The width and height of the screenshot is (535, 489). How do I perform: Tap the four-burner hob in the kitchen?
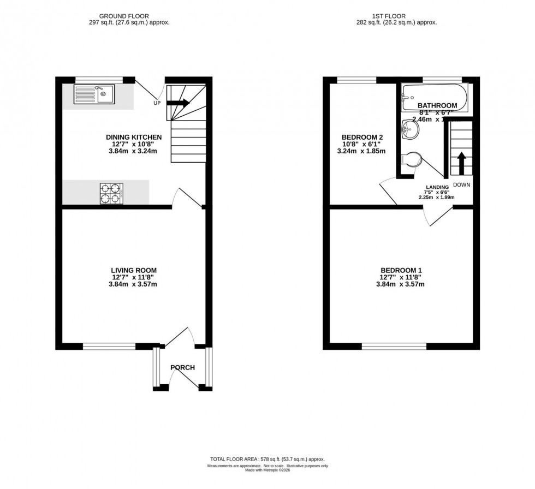[x=111, y=193]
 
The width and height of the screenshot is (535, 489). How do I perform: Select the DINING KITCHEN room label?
[x=134, y=136]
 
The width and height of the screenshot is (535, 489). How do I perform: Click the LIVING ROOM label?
[x=134, y=270]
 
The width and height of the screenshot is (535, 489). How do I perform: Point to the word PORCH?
[x=182, y=367]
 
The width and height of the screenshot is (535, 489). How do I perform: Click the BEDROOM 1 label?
[x=401, y=270]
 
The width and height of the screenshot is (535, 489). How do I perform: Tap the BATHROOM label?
[x=437, y=105]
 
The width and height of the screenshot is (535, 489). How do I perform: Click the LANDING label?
[x=437, y=187]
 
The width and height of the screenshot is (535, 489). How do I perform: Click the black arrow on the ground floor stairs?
[x=178, y=103]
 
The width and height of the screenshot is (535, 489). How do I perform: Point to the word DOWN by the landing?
[x=461, y=184]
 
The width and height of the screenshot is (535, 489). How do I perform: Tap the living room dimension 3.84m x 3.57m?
[x=134, y=284]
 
